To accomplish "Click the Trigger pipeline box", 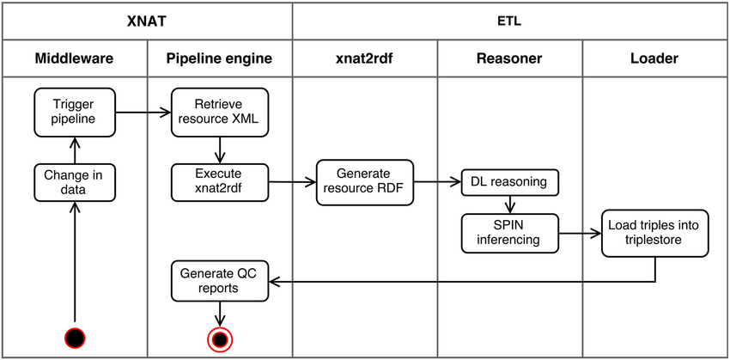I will (x=74, y=112).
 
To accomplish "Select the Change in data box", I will (x=74, y=182).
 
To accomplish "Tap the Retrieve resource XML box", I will (x=220, y=112).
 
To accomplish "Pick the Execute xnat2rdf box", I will (x=220, y=182).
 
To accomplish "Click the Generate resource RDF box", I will (x=365, y=182).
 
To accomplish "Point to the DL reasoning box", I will (x=510, y=182).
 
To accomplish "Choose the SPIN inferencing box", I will (x=510, y=231).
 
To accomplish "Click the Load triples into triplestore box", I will (x=655, y=231).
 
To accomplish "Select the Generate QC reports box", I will (x=220, y=280).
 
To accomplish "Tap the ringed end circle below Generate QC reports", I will (x=220, y=339).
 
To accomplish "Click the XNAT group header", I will (x=147, y=20).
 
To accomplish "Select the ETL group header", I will (x=510, y=20).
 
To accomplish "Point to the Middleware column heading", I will (x=74, y=58).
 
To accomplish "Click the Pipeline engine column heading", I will (x=220, y=58).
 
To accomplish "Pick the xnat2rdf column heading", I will (x=365, y=58).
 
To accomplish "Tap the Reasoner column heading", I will (x=510, y=58).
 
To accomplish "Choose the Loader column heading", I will (x=655, y=58).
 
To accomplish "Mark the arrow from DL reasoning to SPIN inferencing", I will (x=510, y=204).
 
